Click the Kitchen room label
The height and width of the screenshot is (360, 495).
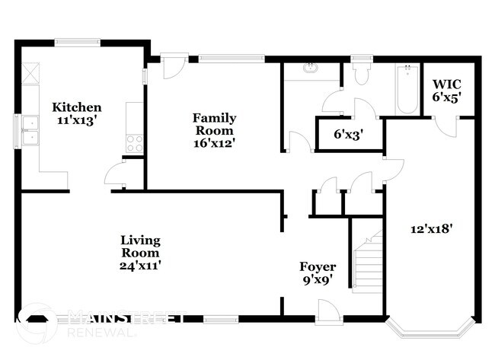pos(75,107)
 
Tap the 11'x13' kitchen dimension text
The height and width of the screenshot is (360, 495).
pos(75,119)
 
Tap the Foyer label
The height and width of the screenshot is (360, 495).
pos(317,267)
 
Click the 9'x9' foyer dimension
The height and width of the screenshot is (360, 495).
pos(317,279)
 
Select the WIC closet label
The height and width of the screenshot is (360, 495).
pos(447,84)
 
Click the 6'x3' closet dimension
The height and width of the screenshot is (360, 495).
pos(348,135)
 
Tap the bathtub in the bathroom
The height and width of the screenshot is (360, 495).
pos(407,90)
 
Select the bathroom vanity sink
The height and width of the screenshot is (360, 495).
pos(310,68)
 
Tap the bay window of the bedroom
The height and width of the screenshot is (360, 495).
pos(431,330)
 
